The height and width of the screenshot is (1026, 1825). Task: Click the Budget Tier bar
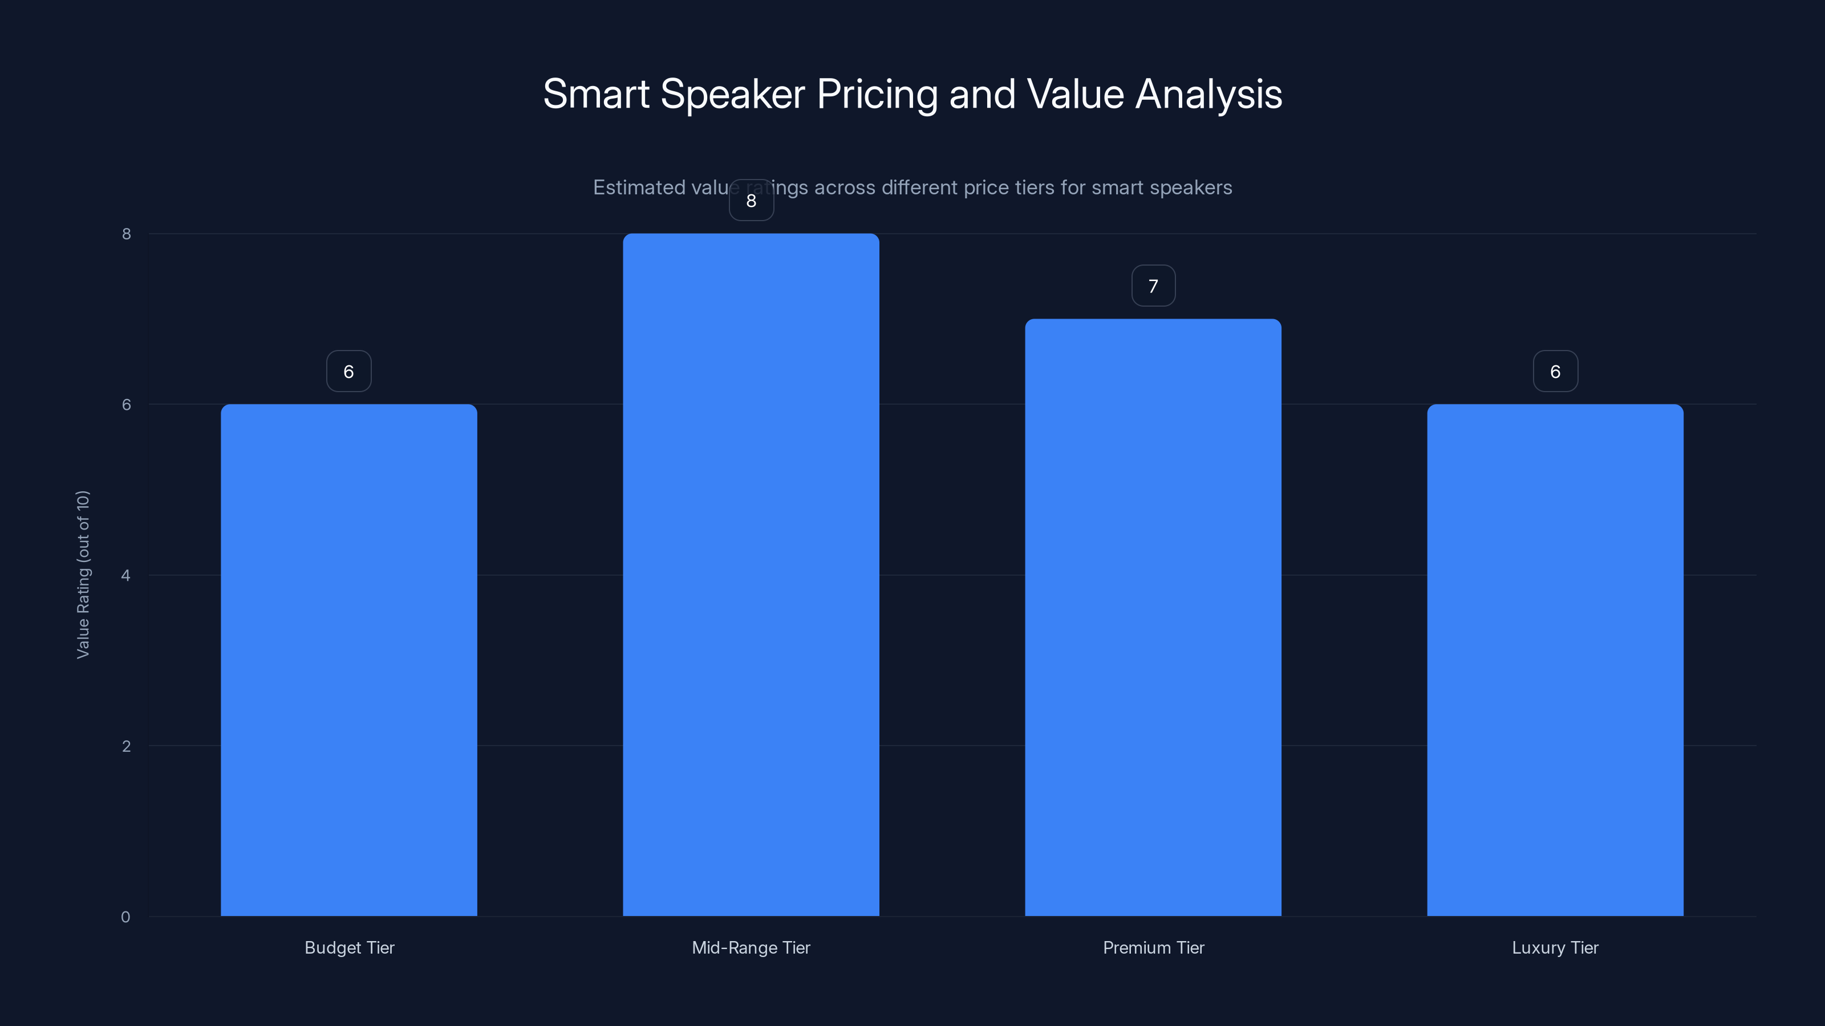coord(348,660)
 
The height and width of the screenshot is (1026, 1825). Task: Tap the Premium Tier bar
coord(1153,617)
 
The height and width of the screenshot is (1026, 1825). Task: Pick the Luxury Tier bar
coord(1555,660)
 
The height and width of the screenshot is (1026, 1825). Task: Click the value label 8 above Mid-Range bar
coord(751,201)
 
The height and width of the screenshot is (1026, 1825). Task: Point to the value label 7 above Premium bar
coord(1153,286)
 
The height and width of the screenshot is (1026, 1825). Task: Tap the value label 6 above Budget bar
coord(348,372)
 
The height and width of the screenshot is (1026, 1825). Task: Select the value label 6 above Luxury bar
coord(1555,372)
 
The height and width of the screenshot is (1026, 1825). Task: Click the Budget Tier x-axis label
coord(349,947)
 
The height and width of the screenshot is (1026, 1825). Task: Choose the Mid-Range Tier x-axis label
coord(751,947)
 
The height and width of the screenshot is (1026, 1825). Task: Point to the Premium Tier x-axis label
coord(1153,947)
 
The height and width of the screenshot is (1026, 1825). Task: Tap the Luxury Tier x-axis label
coord(1555,947)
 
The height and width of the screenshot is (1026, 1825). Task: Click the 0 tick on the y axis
coord(125,917)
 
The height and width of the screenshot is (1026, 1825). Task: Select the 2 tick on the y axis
coord(126,746)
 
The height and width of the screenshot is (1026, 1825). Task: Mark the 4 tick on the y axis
coord(126,575)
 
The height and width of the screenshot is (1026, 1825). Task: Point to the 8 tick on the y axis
coord(126,234)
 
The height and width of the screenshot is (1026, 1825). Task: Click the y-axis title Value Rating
coord(83,574)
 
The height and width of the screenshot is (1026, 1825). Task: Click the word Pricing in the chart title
coord(877,95)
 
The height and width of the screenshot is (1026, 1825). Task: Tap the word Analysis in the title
coord(1208,95)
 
